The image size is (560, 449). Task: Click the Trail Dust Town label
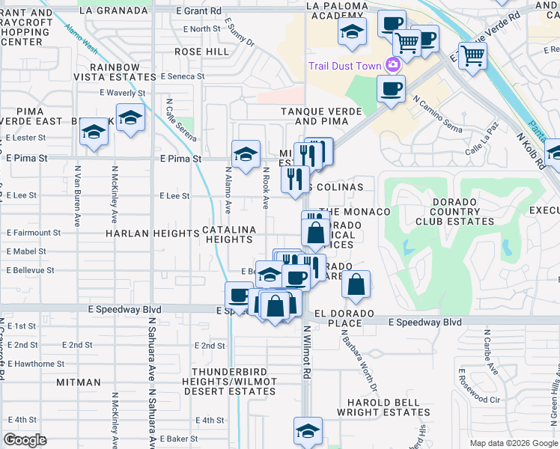coord(345,65)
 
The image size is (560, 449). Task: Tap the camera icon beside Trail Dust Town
coord(392,65)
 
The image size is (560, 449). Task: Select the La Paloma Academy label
coord(338,10)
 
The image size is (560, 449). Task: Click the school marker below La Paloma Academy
coord(351,32)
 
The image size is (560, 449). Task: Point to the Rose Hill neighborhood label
coord(201,51)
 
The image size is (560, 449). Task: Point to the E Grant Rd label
coord(199,10)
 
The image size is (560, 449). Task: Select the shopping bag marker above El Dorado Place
coord(356,284)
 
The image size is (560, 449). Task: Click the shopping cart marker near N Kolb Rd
coord(472,55)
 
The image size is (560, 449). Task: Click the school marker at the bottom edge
coord(307,431)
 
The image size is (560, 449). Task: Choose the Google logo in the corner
coord(25,440)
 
